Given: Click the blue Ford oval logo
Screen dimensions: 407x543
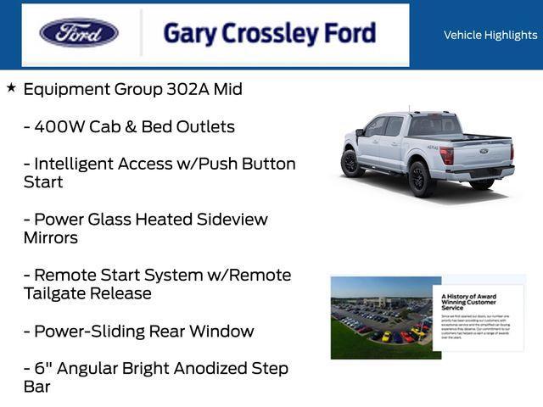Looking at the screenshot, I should (x=79, y=34).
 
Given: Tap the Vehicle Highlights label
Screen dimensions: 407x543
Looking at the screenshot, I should (x=490, y=35).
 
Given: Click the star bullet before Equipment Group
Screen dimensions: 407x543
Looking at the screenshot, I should (x=11, y=87).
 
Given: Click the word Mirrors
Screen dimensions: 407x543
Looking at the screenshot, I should (x=51, y=237).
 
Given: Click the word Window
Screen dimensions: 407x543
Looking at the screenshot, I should (x=222, y=331).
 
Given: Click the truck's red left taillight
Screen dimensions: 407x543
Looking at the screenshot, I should (x=446, y=155).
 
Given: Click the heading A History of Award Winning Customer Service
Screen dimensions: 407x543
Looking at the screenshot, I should (x=469, y=302).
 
